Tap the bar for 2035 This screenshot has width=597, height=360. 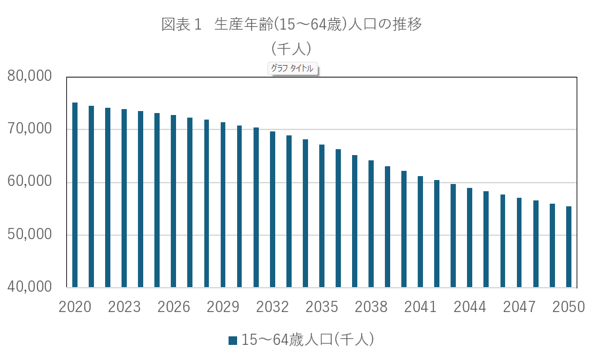(x=322, y=216)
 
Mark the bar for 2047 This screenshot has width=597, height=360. (x=519, y=243)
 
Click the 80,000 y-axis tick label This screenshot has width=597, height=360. (x=30, y=76)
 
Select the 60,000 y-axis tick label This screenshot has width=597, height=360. (x=30, y=182)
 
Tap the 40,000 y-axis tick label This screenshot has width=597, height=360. (x=30, y=288)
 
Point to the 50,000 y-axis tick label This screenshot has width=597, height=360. (x=30, y=235)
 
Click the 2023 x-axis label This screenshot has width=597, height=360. (x=124, y=307)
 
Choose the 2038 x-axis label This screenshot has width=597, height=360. (x=371, y=307)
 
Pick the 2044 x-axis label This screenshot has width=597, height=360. (x=470, y=307)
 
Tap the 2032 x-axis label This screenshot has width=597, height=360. (x=273, y=307)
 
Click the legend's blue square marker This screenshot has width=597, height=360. (x=232, y=340)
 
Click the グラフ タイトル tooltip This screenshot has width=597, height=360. (x=293, y=68)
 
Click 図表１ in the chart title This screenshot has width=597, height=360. (x=181, y=25)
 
